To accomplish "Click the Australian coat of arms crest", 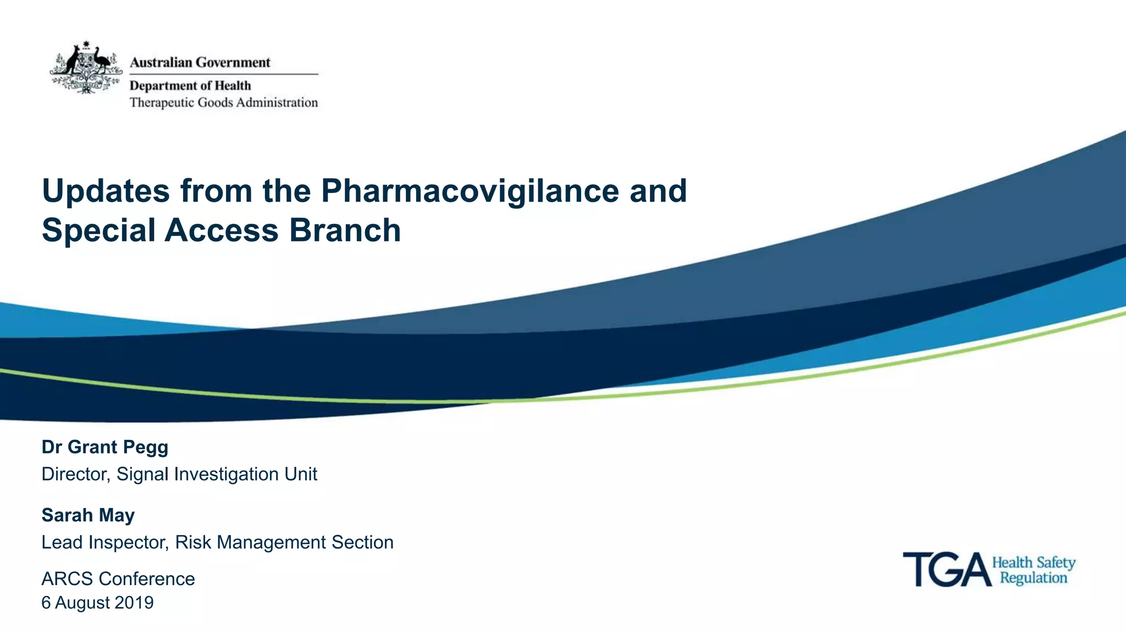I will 86,67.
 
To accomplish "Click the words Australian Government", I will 200,63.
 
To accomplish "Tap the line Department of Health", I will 190,86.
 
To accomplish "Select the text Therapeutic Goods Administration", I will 223,103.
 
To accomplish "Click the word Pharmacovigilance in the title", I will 470,191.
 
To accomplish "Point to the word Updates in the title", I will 106,191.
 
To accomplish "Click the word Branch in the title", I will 345,230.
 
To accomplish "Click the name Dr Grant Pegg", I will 104,447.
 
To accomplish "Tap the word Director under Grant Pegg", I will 75,474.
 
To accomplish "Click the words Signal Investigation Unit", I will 217,474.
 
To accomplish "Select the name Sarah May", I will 88,515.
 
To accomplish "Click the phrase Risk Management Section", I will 284,542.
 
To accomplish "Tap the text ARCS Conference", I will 118,578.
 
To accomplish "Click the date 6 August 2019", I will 97,603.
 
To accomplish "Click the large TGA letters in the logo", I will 946,570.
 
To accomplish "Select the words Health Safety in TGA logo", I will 1033,563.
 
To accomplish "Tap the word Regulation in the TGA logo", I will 1033,578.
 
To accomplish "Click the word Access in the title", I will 222,230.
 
